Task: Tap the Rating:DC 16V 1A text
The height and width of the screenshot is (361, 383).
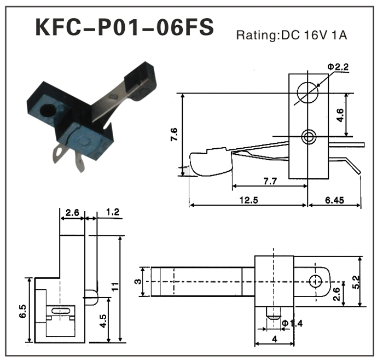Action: coord(292,36)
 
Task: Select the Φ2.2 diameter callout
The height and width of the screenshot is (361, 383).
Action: coord(338,67)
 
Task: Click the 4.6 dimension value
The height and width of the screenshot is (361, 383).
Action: coord(340,115)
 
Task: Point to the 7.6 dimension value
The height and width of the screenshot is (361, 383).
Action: coord(175,134)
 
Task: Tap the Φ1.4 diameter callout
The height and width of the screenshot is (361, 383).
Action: coord(292,324)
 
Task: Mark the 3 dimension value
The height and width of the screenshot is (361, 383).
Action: coord(138,282)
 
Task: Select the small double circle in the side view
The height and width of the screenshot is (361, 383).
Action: coord(309,136)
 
